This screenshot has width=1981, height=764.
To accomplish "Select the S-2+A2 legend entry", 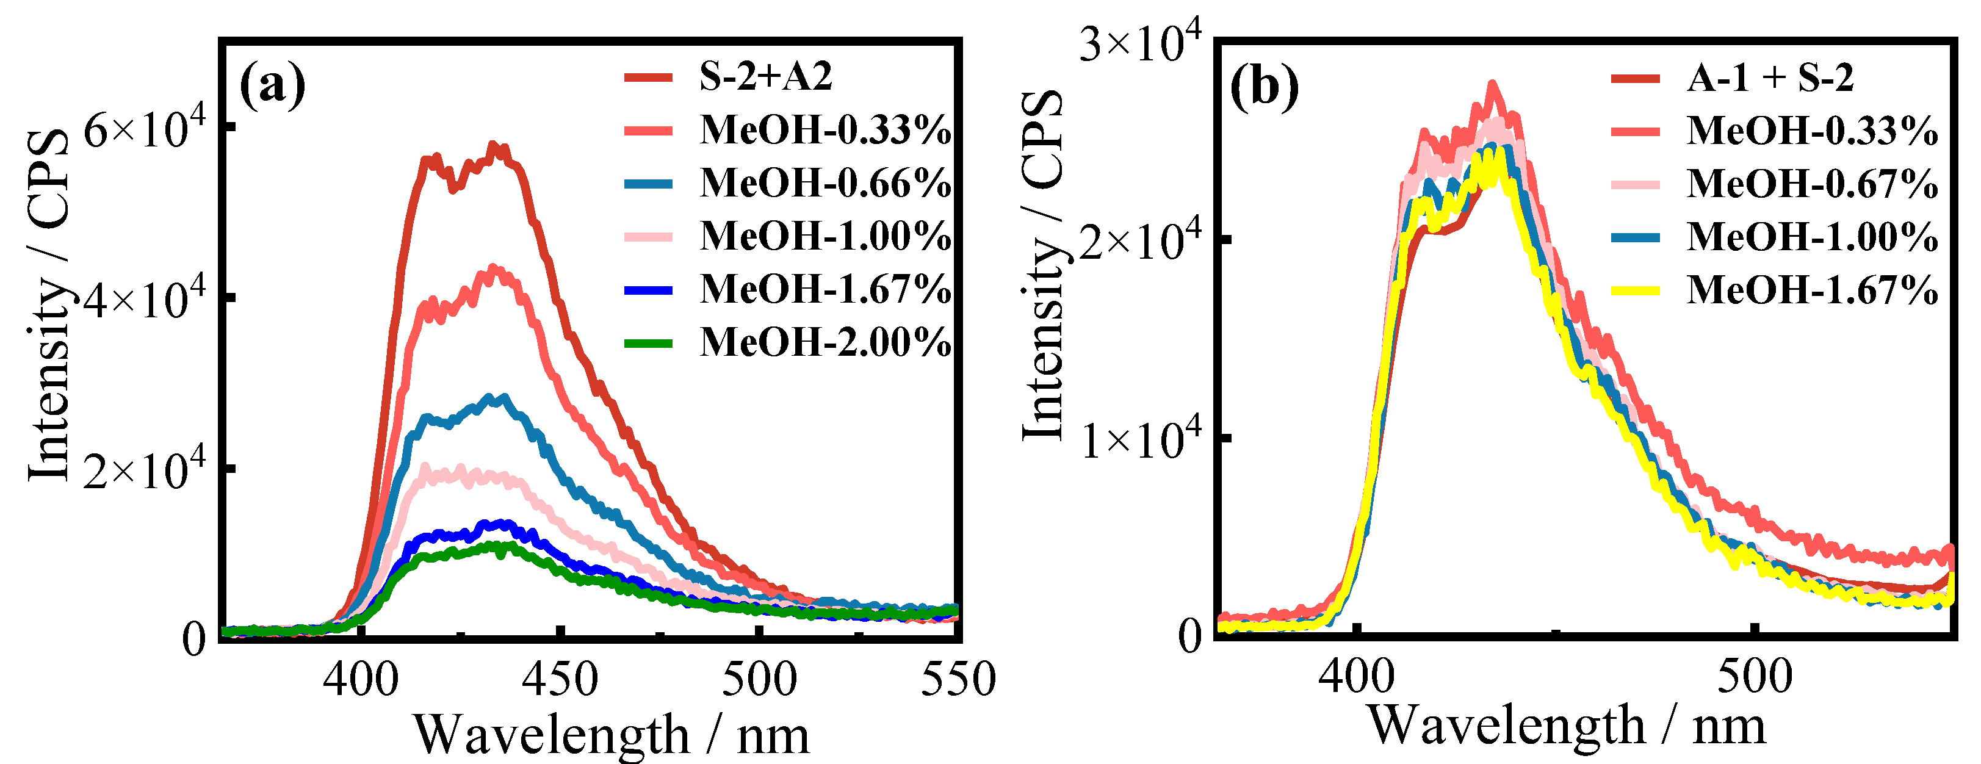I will click(765, 76).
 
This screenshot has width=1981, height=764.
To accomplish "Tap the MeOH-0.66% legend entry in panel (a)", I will click(825, 183).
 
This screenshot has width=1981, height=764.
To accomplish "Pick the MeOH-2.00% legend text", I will click(825, 342).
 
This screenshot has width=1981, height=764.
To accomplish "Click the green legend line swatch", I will click(648, 343).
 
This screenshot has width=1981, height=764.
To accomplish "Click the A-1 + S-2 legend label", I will click(1770, 77).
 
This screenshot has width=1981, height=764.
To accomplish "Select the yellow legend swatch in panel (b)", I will click(1635, 290).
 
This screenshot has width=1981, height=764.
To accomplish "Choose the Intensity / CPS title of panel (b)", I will click(1044, 265).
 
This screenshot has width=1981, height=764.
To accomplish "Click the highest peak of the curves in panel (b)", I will click(1493, 85).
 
